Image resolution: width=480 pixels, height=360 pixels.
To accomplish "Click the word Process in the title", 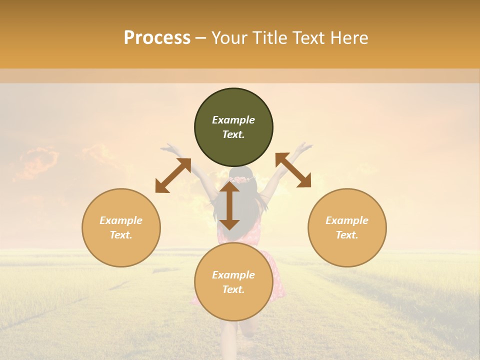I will click(x=157, y=38).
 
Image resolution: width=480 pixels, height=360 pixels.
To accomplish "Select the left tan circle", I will click(x=121, y=227).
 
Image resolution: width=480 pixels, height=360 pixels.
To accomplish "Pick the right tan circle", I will click(x=347, y=227).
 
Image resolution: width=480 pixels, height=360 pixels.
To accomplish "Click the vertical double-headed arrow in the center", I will click(x=229, y=205).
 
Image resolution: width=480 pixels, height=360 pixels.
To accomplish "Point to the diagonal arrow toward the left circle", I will click(x=173, y=175).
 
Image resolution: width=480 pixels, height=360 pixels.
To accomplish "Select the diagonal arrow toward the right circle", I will click(x=293, y=170).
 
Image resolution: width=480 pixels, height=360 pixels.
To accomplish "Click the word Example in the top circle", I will click(x=233, y=120).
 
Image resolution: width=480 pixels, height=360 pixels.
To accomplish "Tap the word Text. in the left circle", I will click(x=121, y=235).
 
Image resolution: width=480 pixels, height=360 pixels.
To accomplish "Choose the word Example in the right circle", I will click(x=347, y=220).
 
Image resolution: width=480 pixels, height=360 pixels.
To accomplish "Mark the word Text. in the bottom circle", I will click(x=233, y=289).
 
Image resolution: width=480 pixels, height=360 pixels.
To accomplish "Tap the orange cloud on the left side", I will click(x=37, y=162).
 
